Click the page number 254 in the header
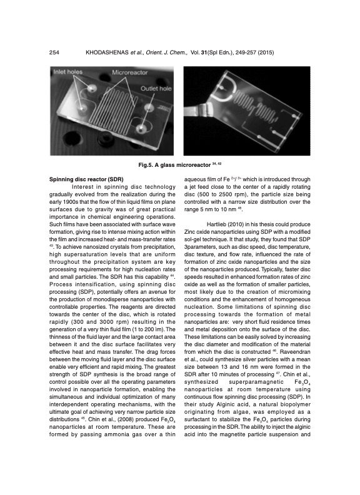click(54, 51)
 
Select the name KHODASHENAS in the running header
click(107, 51)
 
